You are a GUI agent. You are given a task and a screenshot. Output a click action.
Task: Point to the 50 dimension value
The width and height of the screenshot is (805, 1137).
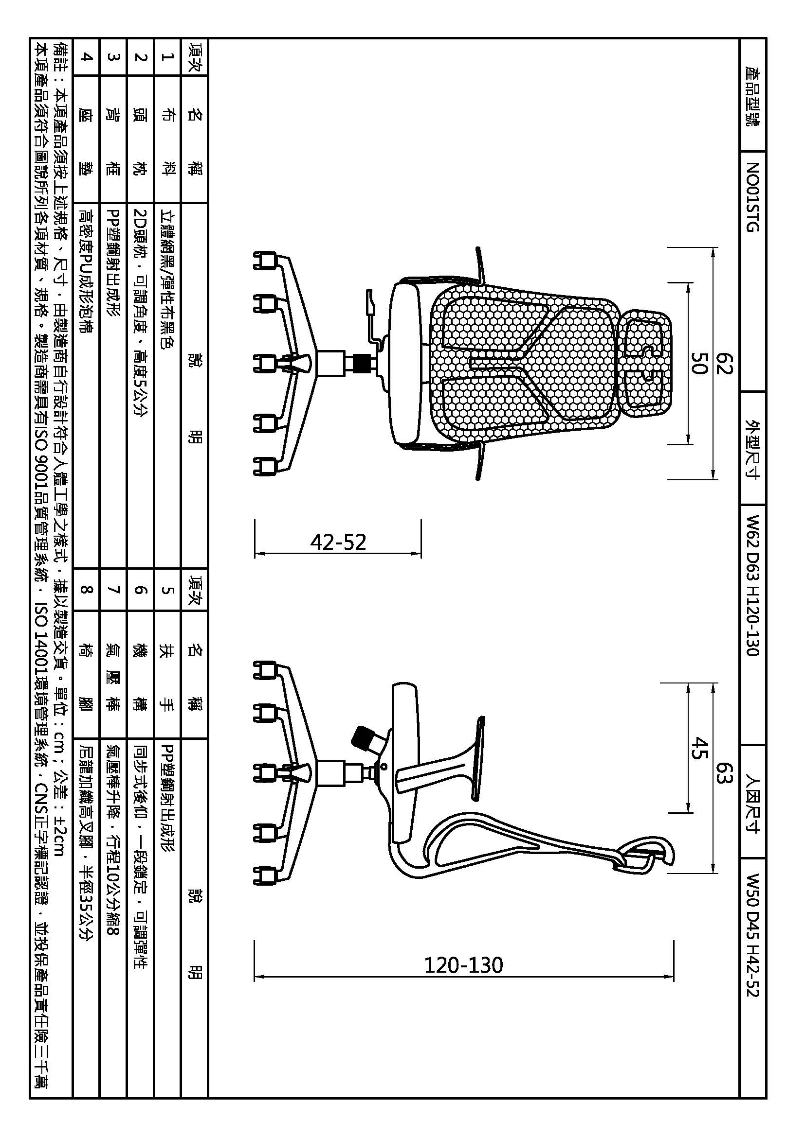tap(699, 364)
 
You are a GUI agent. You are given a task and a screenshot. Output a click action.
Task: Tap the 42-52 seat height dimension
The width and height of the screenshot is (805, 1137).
tap(338, 542)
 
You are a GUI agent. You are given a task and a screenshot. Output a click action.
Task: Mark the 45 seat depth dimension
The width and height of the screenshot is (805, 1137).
tap(699, 748)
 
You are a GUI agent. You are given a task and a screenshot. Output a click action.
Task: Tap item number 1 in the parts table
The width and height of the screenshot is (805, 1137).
tap(167, 56)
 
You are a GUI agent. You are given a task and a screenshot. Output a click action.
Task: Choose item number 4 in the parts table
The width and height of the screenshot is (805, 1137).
tap(86, 56)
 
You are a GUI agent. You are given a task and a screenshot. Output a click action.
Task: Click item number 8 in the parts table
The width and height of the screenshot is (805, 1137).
tap(86, 589)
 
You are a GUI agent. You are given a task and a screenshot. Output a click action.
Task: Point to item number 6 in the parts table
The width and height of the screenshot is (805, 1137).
tap(141, 589)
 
